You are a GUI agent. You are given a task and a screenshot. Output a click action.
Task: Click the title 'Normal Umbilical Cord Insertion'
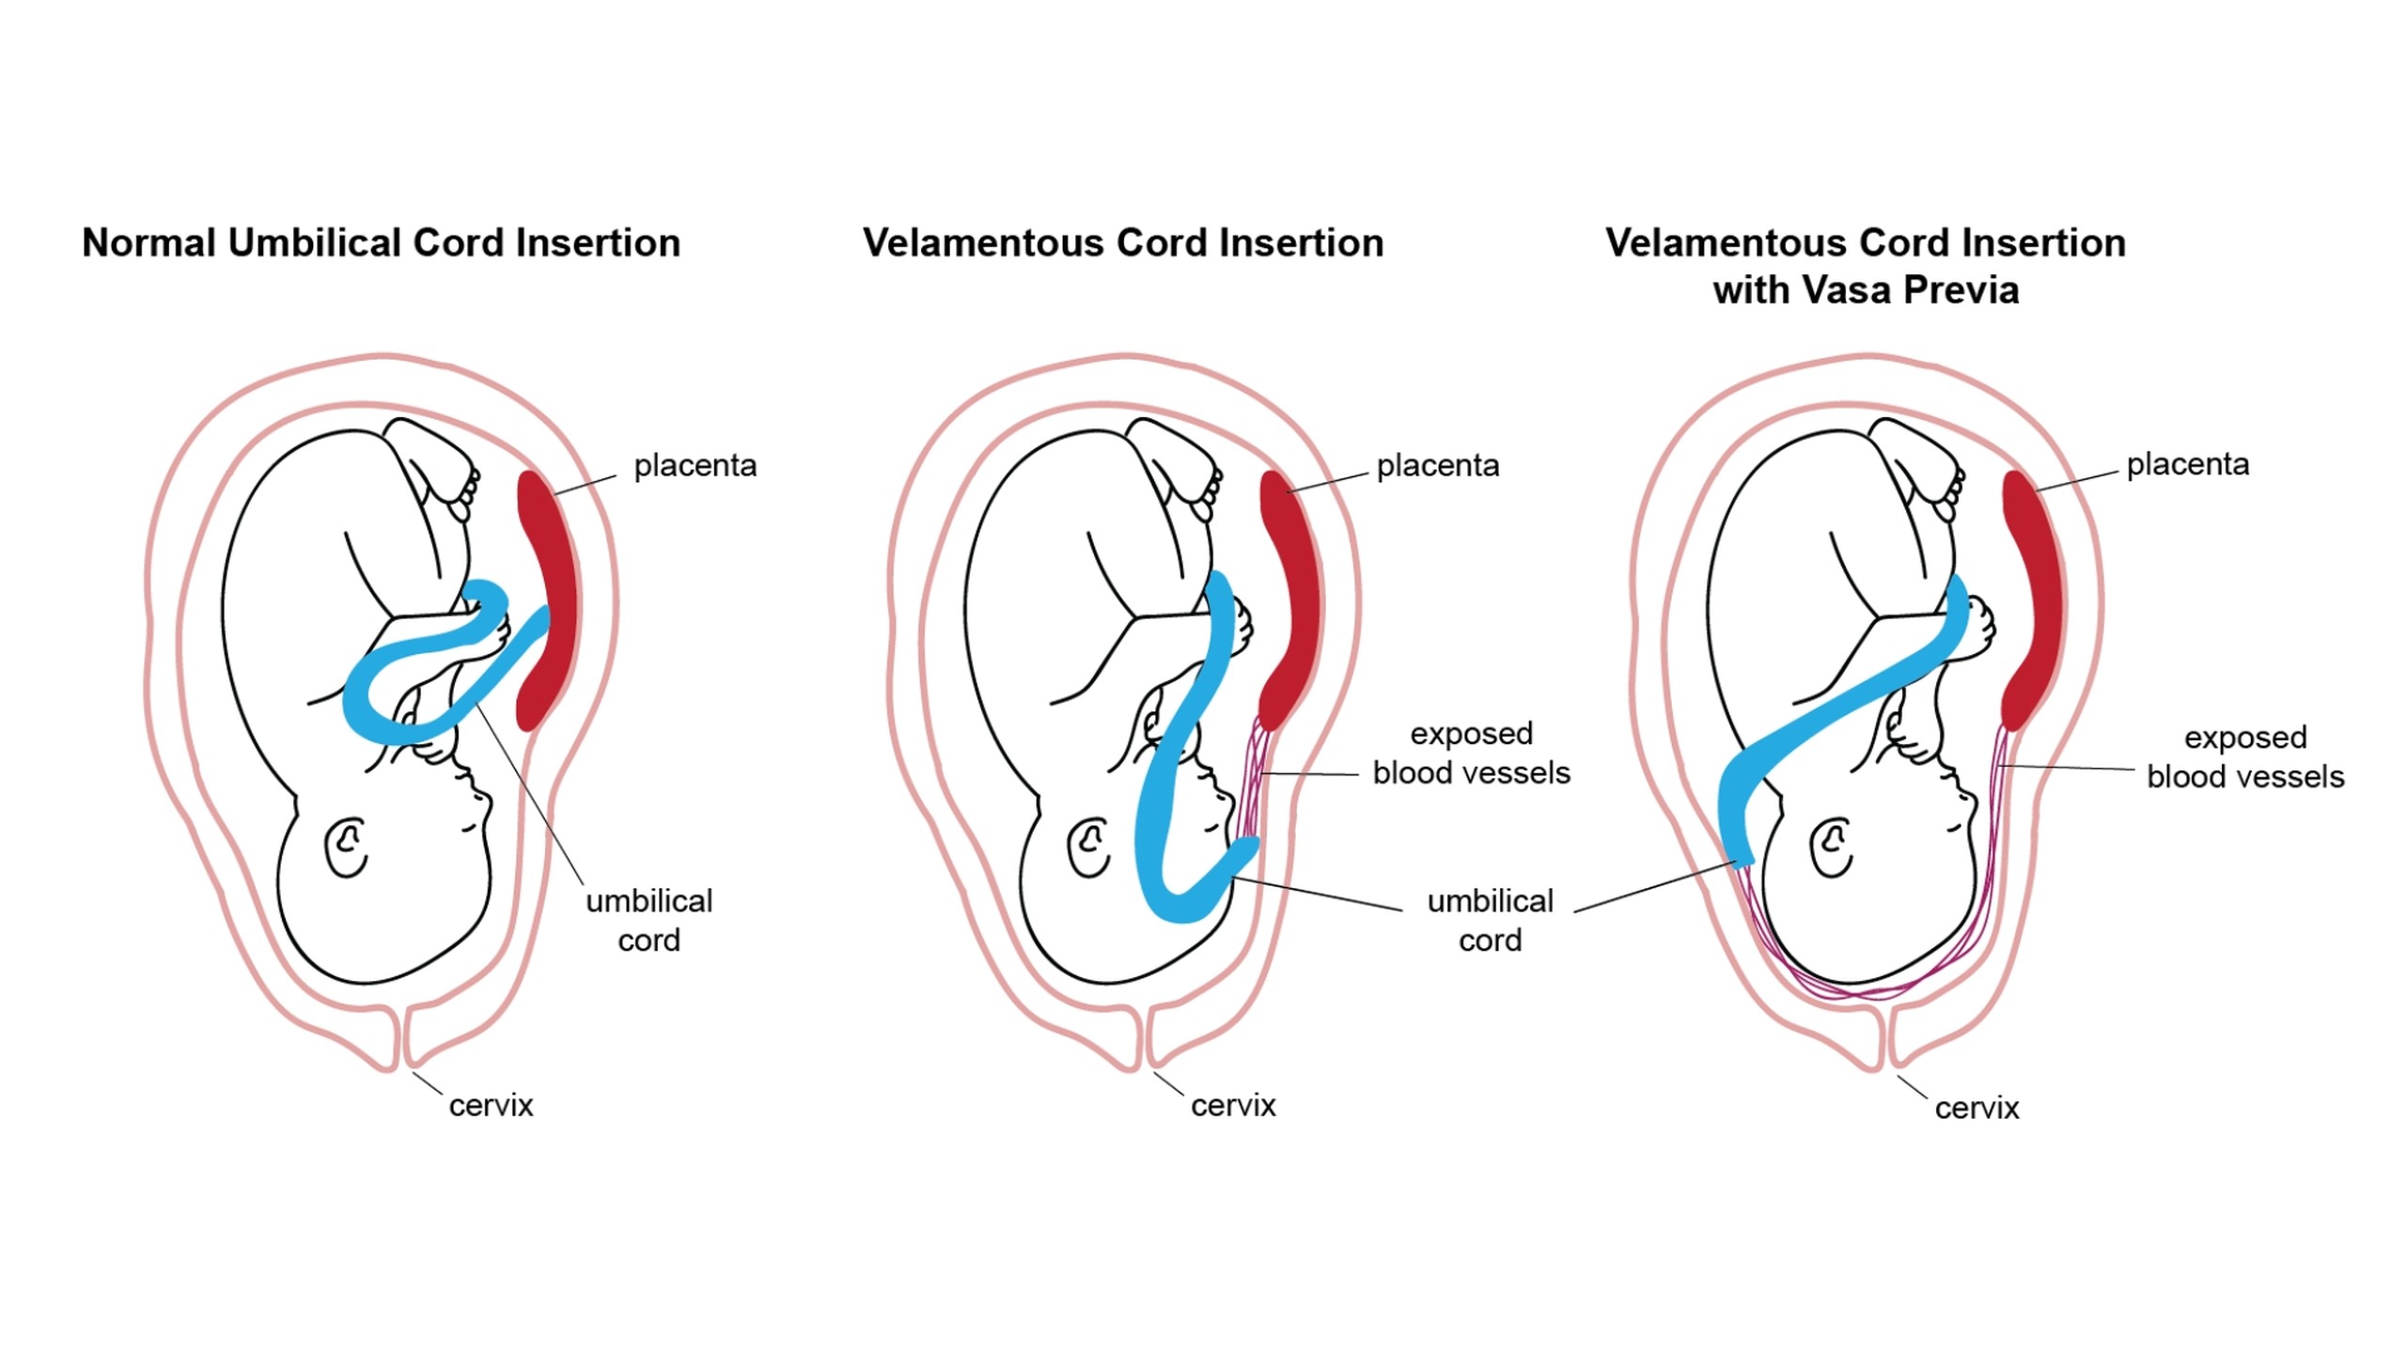tap(381, 242)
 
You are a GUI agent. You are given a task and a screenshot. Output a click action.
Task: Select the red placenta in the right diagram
tap(2034, 601)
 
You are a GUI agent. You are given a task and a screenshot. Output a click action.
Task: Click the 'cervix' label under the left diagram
tap(491, 1105)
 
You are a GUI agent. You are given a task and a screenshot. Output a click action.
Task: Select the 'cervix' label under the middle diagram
tap(1233, 1105)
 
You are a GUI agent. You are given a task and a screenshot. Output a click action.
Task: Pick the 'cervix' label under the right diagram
tap(1976, 1108)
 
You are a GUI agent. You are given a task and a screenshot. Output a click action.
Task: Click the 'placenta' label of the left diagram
tap(695, 465)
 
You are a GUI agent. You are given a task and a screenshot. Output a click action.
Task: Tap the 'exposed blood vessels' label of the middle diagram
tap(1471, 753)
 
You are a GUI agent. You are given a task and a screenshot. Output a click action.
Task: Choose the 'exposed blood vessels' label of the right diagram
tap(2245, 756)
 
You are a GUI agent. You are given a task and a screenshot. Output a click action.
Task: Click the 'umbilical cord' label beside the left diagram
tap(648, 920)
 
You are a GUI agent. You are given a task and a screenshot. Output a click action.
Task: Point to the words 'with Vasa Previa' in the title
tap(1866, 289)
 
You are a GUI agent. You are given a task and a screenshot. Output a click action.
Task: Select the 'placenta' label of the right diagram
tap(2188, 464)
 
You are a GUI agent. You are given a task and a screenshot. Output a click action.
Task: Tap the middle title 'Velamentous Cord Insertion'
tap(1123, 242)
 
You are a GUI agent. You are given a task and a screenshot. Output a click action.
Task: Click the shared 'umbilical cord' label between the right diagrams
tap(1490, 920)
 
